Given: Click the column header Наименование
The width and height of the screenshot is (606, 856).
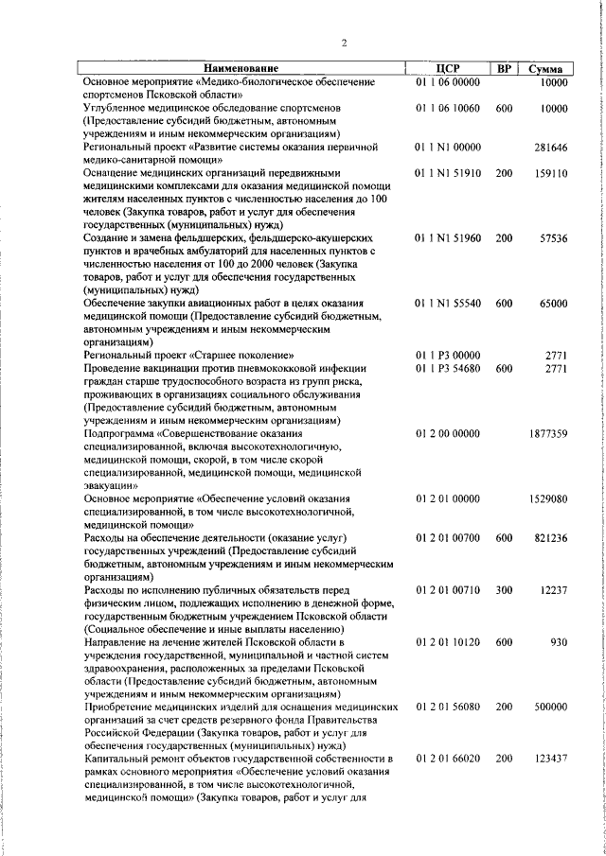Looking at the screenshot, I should coord(241,69).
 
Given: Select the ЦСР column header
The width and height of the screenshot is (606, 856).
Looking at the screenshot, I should coord(448,69).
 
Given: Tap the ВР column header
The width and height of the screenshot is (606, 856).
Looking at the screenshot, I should coord(504,69).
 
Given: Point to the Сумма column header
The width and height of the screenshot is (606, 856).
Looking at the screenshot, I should coord(545,69).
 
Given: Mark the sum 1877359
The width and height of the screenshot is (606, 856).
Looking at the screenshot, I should coord(547,433).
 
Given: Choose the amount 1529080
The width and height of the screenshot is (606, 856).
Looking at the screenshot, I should coord(547,498).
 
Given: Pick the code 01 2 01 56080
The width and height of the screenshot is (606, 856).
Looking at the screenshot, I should coord(448,707).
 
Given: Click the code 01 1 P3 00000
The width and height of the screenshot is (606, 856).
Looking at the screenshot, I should coord(448,356).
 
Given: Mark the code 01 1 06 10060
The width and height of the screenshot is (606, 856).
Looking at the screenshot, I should coord(448,109).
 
